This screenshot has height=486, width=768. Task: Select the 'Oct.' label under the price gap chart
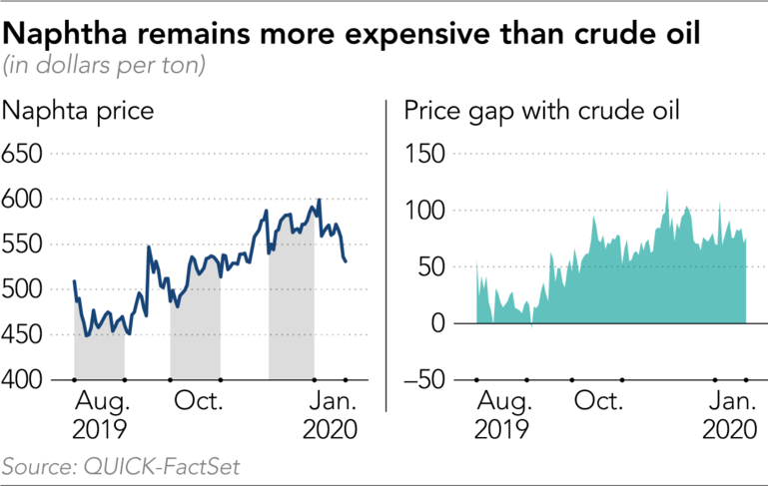pyautogui.click(x=597, y=402)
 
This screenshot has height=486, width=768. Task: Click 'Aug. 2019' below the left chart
pyautogui.click(x=100, y=416)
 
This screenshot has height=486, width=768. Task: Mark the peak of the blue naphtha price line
pyautogui.click(x=319, y=200)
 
